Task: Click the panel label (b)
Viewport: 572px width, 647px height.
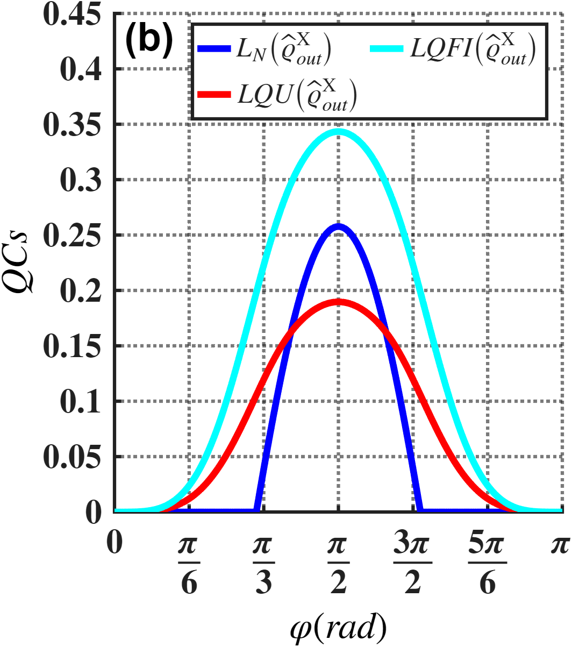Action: [149, 41]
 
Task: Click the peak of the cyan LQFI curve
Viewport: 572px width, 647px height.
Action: [339, 131]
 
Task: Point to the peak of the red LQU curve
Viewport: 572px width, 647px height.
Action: [339, 302]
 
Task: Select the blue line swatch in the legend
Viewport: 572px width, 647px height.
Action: [214, 48]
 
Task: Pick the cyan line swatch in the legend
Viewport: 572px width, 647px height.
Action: [387, 48]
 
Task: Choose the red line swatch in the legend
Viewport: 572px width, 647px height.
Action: [214, 95]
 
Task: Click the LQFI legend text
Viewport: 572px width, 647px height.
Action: [473, 49]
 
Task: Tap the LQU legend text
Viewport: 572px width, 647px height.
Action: [297, 95]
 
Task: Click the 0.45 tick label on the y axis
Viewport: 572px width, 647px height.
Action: [72, 14]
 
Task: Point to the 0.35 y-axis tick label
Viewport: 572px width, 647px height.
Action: [72, 125]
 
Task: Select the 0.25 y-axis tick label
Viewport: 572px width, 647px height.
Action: [72, 236]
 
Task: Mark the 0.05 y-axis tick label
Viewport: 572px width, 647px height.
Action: [72, 457]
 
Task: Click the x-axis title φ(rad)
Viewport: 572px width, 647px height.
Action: [339, 628]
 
